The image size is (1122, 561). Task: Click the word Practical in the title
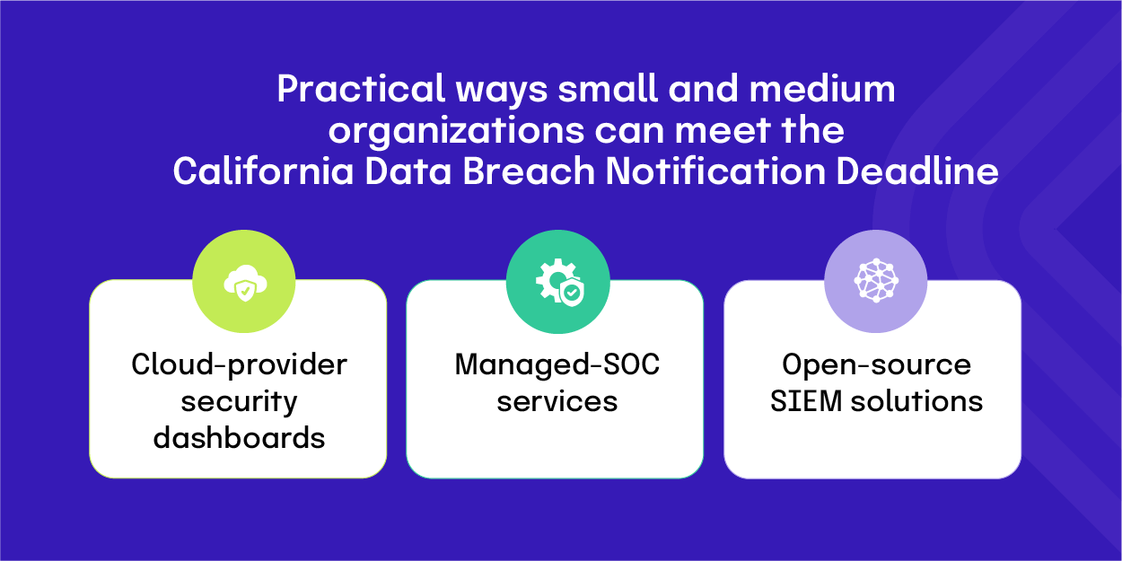click(x=361, y=89)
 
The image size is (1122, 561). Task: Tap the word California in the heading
click(x=264, y=171)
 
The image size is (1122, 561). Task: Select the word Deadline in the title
click(x=917, y=171)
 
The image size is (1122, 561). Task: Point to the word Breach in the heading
click(x=529, y=171)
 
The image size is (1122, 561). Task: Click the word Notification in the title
click(x=715, y=171)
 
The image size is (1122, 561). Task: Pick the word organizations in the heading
click(x=456, y=131)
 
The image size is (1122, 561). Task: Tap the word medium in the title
click(x=822, y=89)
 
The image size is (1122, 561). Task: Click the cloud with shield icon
click(x=245, y=283)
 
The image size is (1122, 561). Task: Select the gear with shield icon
click(x=560, y=282)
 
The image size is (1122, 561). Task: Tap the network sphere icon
click(x=875, y=280)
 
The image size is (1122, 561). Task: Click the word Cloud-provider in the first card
click(x=239, y=364)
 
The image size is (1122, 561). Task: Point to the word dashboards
click(x=239, y=438)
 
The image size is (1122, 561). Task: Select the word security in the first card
click(x=239, y=402)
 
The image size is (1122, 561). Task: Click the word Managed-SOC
click(x=557, y=364)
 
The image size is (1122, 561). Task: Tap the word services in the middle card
click(x=557, y=402)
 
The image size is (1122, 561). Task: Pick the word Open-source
click(x=877, y=364)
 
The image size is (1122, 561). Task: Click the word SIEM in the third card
click(x=806, y=401)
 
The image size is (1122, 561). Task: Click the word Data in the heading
click(x=408, y=171)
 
